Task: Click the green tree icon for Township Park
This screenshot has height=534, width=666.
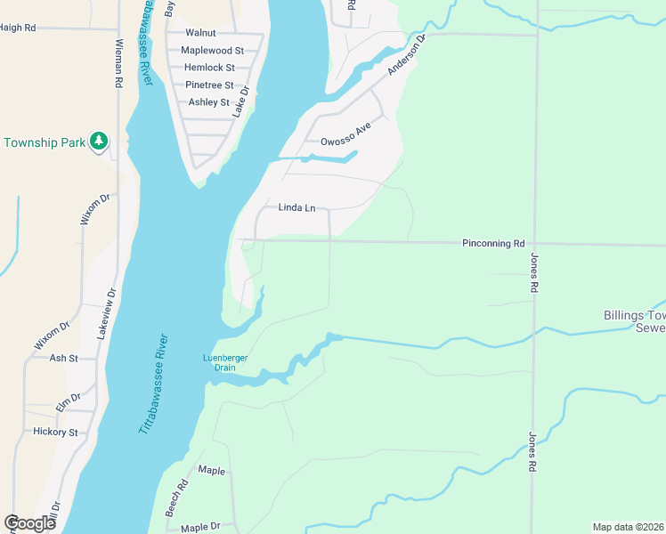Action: [99, 142]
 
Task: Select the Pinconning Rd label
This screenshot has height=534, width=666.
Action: [493, 243]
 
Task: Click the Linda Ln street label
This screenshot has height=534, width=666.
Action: [296, 207]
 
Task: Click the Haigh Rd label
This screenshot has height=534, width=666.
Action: [18, 28]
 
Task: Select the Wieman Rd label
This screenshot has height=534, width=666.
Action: [118, 63]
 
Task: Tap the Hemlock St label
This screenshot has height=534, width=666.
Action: [209, 68]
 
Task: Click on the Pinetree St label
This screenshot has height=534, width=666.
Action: [209, 85]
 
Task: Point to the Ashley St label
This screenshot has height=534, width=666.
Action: [209, 102]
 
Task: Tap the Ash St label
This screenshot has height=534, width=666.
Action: [64, 358]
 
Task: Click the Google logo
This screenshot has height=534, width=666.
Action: [29, 523]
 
